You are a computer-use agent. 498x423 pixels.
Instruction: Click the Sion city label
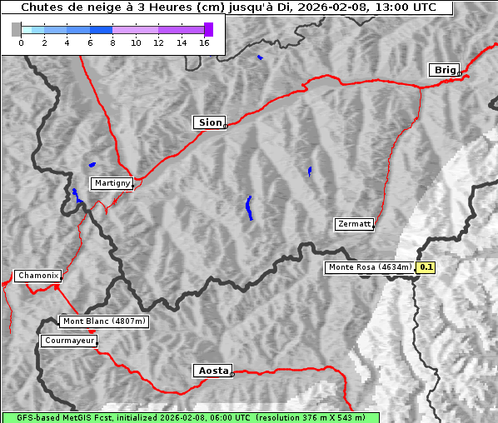coord(209,122)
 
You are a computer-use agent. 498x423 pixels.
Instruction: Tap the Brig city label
coord(444,70)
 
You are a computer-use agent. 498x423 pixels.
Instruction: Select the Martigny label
coord(112,183)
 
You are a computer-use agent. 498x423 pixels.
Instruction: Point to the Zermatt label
coord(354,224)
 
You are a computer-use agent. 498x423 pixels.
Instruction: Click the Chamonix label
coord(37,276)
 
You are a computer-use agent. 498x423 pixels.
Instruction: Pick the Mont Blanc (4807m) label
coord(104,321)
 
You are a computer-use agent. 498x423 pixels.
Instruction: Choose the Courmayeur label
coord(68,341)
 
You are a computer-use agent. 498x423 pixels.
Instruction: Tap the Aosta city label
coord(212,371)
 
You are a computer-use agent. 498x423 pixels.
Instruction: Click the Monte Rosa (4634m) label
coord(369,267)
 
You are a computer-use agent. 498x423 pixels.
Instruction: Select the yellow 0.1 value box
coord(426,267)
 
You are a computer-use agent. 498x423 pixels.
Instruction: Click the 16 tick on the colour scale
coord(204,42)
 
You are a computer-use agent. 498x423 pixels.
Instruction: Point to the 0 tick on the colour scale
coord(21,42)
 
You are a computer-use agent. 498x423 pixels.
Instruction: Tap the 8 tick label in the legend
coord(112,42)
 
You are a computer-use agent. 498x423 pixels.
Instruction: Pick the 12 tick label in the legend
coord(158,42)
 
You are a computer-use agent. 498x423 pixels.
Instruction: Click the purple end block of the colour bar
coord(208,29)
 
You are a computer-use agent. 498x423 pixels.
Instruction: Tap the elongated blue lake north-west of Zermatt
coord(249,207)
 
